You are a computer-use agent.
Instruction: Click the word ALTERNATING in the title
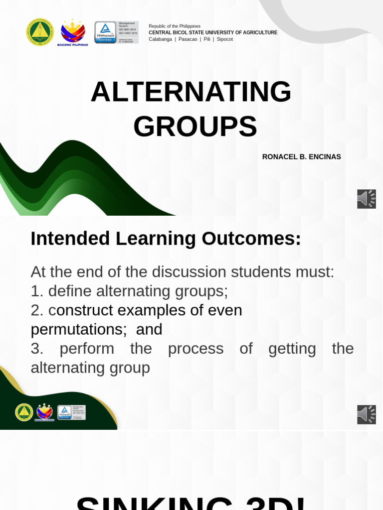[191, 92]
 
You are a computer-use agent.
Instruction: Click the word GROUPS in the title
[195, 127]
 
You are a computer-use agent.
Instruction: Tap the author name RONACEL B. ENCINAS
[301, 157]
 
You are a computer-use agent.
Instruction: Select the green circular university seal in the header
[39, 32]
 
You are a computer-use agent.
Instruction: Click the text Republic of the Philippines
[175, 26]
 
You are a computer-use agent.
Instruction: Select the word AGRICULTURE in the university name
[256, 32]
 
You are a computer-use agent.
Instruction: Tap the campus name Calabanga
[160, 39]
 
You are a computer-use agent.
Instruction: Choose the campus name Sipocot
[224, 39]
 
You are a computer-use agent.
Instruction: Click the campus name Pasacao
[188, 39]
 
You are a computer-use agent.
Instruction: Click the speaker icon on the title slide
[367, 199]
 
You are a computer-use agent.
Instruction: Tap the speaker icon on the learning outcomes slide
[367, 414]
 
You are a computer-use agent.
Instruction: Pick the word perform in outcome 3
[87, 349]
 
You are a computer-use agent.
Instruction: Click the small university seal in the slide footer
[24, 412]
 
